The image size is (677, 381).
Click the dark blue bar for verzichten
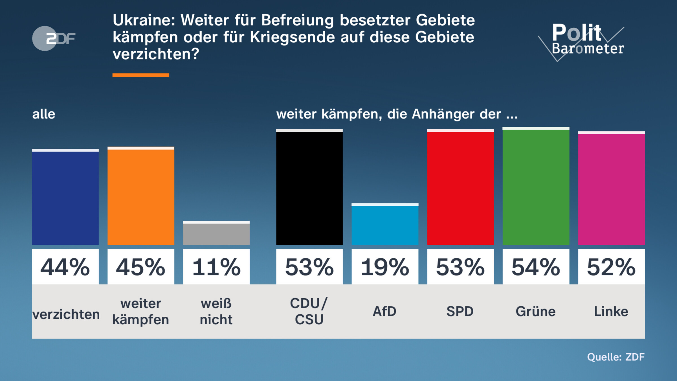[65, 198]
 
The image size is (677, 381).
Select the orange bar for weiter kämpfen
[141, 196]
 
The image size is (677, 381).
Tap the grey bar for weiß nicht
[216, 233]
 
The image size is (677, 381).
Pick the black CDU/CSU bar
[309, 188]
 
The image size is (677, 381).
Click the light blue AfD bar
[385, 225]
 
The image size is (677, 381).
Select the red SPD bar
[460, 188]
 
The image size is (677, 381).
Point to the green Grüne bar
[536, 187]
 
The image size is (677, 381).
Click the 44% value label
[65, 267]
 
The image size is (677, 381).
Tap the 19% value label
[385, 267]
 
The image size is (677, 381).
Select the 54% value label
[536, 267]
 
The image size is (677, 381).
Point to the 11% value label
[216, 267]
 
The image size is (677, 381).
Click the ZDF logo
[54, 38]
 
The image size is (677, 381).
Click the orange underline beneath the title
[141, 75]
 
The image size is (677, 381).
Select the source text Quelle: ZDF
[616, 357]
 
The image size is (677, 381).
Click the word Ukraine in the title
[144, 20]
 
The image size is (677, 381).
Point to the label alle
[44, 114]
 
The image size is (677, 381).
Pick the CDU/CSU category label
[309, 311]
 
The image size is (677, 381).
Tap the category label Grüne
[536, 312]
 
